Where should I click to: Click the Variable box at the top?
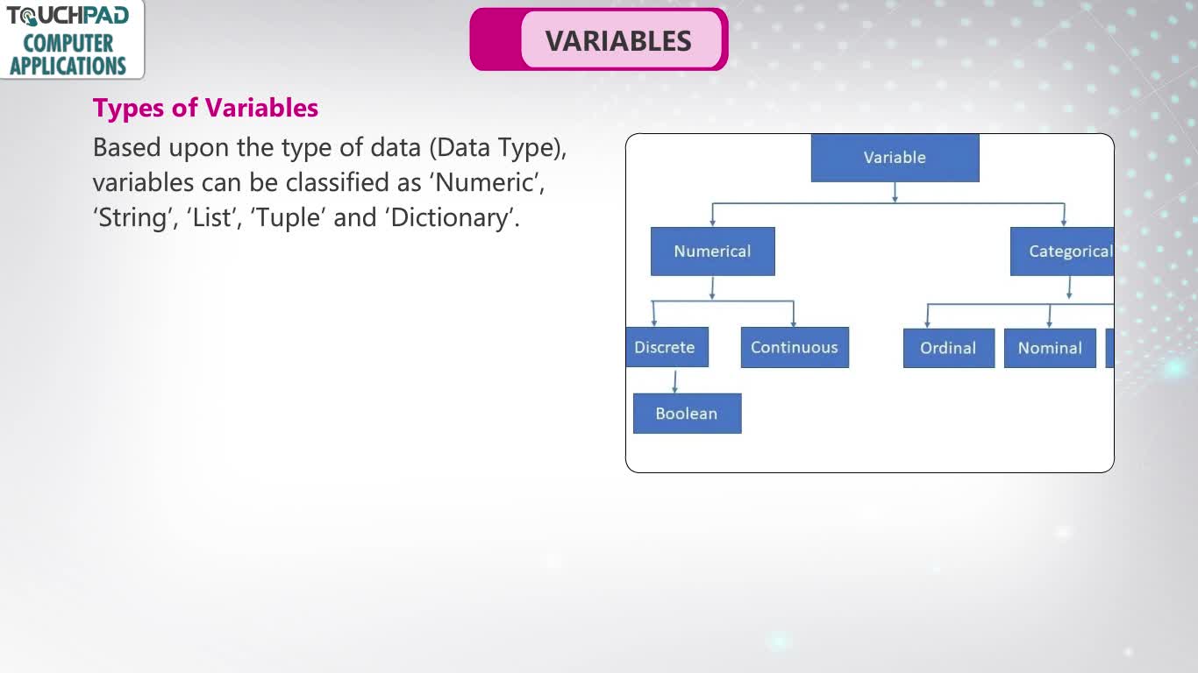coord(895,158)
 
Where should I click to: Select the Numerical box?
coord(712,251)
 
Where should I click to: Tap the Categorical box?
coord(1062,251)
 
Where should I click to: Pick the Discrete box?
coord(667,347)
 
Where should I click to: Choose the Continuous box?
coord(795,348)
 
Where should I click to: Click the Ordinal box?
coord(949,348)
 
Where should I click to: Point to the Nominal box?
coord(1050,348)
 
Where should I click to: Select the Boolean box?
coord(688,414)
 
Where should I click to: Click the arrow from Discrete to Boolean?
coord(675,382)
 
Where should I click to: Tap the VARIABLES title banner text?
coord(618,41)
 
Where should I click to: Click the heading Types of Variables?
coord(205,108)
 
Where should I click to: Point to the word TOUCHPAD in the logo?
coord(68,16)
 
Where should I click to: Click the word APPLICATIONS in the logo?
coord(68,66)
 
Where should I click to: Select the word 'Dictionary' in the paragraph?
coord(449,218)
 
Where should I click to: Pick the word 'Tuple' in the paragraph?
coord(288,218)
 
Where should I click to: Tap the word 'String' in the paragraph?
coord(132,218)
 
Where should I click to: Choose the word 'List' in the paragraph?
coord(211,218)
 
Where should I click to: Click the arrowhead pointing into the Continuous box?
coord(794,322)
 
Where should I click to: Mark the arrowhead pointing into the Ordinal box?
coord(927,324)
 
